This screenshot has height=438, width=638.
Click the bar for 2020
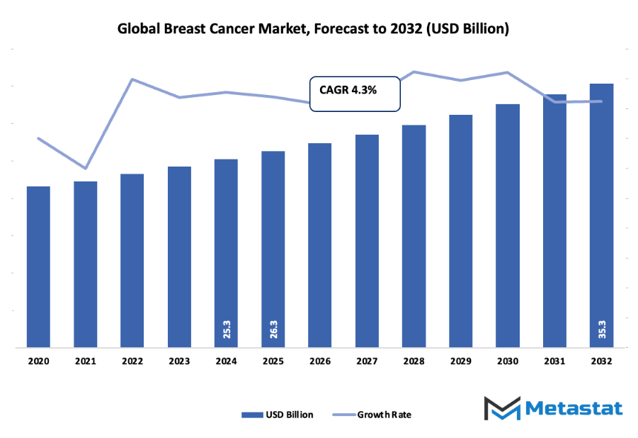(x=38, y=267)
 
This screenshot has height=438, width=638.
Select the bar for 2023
(x=179, y=257)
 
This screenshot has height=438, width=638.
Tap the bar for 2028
(x=414, y=237)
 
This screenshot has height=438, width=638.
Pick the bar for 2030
(x=508, y=226)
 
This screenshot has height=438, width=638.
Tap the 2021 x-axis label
(x=85, y=361)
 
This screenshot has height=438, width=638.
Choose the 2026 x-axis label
(x=320, y=361)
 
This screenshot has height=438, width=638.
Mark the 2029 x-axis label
(x=461, y=361)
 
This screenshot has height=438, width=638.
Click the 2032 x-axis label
(x=601, y=361)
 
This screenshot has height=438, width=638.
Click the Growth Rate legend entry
(x=383, y=415)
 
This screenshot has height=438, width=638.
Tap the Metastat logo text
(x=574, y=408)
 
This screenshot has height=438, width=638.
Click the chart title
(x=313, y=29)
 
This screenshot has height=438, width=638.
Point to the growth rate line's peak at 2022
(x=132, y=79)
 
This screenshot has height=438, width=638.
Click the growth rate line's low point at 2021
(x=86, y=169)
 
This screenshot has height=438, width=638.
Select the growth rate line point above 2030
(x=508, y=72)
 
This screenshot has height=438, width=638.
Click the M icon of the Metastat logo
(x=502, y=409)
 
